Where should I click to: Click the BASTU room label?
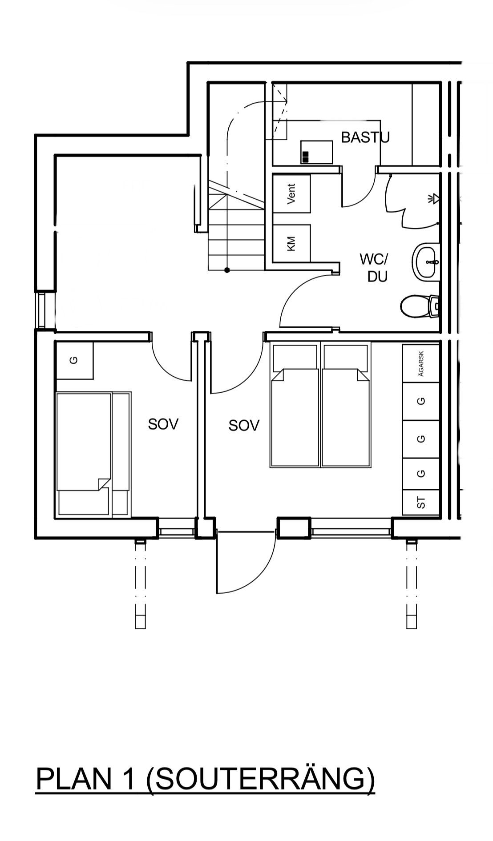click(365, 137)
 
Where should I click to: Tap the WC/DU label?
click(374, 268)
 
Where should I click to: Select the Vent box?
click(291, 193)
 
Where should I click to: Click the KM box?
click(291, 243)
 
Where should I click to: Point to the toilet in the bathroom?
click(420, 306)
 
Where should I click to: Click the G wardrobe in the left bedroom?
click(74, 360)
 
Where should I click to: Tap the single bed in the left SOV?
click(93, 454)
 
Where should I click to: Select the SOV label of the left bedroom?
click(163, 424)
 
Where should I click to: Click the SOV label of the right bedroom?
click(244, 426)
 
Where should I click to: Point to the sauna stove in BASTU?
click(317, 152)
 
